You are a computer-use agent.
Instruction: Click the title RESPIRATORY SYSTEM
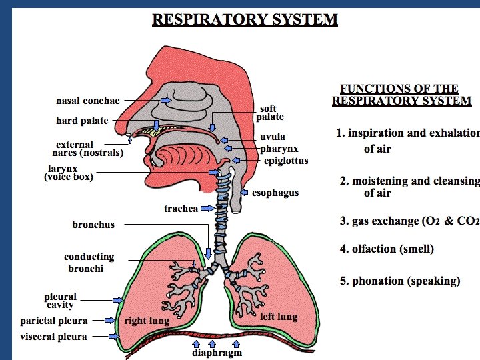(245, 19)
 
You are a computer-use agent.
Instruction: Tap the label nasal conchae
(87, 101)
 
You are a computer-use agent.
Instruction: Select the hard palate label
(82, 121)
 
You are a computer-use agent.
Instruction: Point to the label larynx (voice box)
(69, 173)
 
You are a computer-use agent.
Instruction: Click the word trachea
(181, 209)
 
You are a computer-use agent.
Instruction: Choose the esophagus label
(275, 193)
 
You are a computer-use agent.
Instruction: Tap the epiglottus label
(285, 161)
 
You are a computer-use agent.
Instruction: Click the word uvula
(273, 137)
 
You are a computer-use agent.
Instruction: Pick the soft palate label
(269, 113)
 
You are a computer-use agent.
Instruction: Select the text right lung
(147, 321)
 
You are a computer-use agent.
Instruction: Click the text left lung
(278, 316)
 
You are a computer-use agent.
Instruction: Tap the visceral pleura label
(53, 337)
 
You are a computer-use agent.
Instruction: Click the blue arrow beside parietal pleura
(111, 321)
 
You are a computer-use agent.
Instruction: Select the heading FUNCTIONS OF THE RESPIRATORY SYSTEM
(401, 95)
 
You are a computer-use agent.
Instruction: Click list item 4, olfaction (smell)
(387, 249)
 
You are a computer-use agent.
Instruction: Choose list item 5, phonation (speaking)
(400, 281)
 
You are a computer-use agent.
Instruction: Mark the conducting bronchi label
(89, 263)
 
